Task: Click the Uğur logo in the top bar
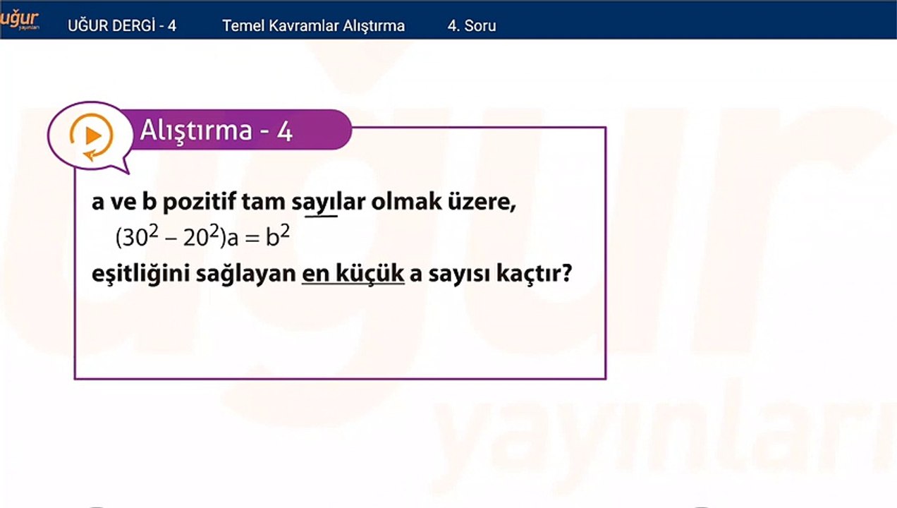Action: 19,20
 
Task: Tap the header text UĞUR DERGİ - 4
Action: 122,26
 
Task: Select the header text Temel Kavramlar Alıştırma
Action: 314,26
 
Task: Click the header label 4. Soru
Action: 472,26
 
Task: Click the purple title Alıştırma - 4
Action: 216,131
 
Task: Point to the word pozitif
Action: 199,202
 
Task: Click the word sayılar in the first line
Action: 329,202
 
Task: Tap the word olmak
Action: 406,202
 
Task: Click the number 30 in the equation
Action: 135,238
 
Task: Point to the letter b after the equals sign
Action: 272,237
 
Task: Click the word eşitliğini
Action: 140,274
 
